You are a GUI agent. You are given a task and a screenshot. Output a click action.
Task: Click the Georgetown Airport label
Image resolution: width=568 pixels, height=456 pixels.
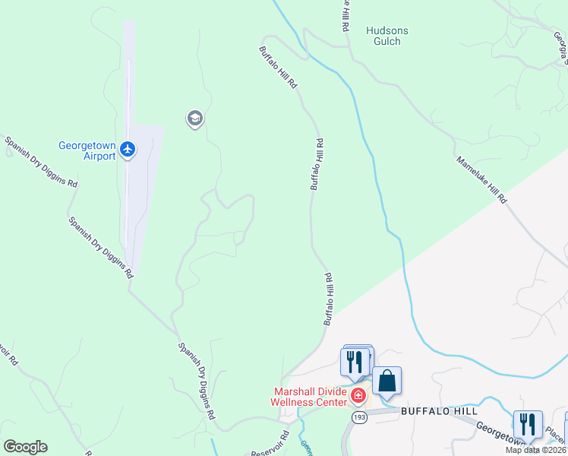tap(87, 150)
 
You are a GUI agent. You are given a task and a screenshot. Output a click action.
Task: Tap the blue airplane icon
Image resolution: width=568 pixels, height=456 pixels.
tap(128, 150)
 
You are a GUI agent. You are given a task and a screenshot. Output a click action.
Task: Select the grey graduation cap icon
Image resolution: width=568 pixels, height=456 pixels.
tap(194, 119)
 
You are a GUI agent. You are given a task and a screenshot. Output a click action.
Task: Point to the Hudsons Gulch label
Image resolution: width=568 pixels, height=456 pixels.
tap(387, 36)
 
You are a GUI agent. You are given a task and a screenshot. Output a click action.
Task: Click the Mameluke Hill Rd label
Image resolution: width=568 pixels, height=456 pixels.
tap(481, 180)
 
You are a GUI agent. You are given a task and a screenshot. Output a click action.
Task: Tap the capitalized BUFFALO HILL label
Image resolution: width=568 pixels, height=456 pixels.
tap(439, 411)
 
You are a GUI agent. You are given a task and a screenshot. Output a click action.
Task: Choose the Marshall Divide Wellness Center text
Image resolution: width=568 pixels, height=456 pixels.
tap(310, 397)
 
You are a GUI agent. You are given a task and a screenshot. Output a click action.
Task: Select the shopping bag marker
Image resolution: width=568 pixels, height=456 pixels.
tap(387, 382)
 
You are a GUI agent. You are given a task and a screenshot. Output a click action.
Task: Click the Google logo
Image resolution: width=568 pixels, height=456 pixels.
tap(25, 447)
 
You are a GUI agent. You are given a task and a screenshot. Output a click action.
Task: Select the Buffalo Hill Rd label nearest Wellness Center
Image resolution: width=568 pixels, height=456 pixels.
tap(330, 299)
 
